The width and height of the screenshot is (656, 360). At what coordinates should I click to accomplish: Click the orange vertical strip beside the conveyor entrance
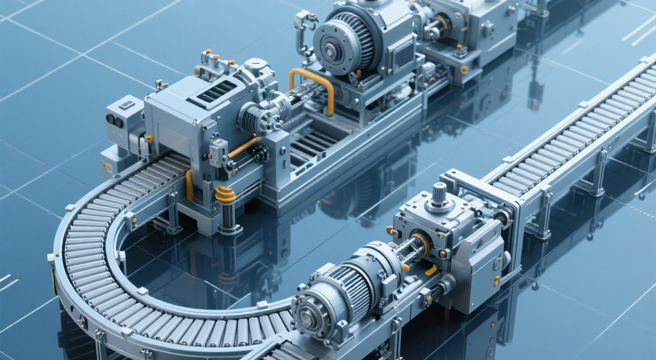[x=189, y=185]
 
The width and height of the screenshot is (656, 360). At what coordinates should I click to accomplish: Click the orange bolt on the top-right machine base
[x=464, y=69]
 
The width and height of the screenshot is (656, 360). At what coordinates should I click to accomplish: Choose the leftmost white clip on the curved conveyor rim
[x=52, y=258]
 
